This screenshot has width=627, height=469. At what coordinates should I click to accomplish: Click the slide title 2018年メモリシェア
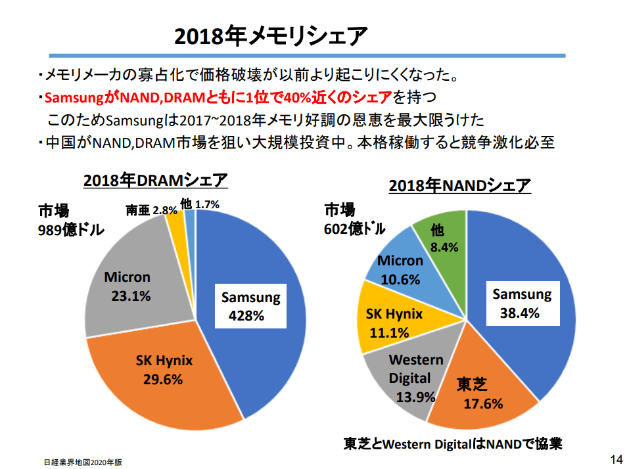pyautogui.click(x=270, y=36)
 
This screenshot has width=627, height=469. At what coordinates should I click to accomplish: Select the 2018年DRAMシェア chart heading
pyautogui.click(x=155, y=180)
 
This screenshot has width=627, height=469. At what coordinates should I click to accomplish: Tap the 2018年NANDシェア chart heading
pyautogui.click(x=459, y=186)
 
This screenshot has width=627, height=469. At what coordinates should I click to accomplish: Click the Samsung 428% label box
pyautogui.click(x=250, y=306)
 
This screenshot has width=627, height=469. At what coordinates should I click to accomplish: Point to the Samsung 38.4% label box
pyautogui.click(x=522, y=303)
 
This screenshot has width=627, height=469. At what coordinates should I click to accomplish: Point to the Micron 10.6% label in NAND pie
pyautogui.click(x=400, y=270)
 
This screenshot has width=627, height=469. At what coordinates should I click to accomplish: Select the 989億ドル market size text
pyautogui.click(x=72, y=229)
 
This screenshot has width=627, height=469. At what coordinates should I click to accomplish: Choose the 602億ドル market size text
pyautogui.click(x=354, y=229)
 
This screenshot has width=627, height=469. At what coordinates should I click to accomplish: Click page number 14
pyautogui.click(x=616, y=458)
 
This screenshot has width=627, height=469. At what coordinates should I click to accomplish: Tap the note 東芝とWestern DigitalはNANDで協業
pyautogui.click(x=453, y=443)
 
